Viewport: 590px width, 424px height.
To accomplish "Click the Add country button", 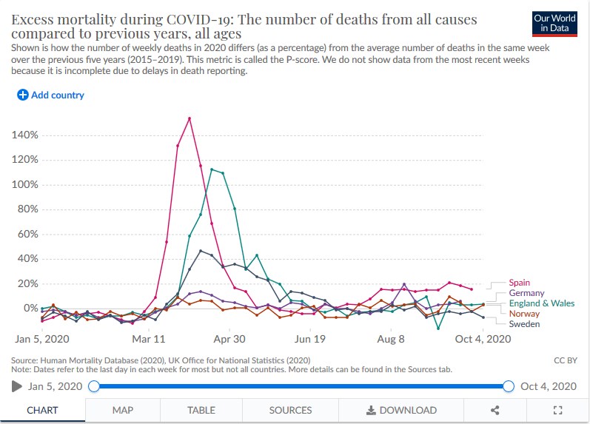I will click(x=50, y=95).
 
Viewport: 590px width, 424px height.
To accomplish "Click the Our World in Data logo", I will click(x=554, y=23).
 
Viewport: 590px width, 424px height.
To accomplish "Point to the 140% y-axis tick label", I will click(x=24, y=135).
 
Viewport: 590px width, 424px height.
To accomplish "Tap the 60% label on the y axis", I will click(x=26, y=234).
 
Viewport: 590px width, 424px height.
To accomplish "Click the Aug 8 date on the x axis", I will click(x=391, y=340).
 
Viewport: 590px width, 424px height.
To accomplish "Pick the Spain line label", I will click(x=520, y=283).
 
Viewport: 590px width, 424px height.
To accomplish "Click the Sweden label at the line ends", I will click(x=525, y=324).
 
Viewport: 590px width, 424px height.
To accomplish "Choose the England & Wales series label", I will click(x=542, y=303).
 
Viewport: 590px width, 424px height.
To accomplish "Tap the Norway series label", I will click(x=525, y=314).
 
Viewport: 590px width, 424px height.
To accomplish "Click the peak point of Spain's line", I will click(x=190, y=118).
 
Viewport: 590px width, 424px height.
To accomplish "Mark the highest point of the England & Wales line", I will click(x=212, y=169).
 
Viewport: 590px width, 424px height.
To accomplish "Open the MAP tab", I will click(x=123, y=410).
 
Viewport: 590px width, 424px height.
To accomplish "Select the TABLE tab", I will click(x=201, y=410).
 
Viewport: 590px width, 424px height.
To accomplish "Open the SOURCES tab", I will click(x=290, y=410).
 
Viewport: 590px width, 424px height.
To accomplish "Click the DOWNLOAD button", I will click(x=401, y=410).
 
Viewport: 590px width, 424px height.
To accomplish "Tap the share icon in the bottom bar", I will click(x=495, y=410).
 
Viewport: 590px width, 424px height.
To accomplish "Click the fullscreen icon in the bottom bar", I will click(x=559, y=410).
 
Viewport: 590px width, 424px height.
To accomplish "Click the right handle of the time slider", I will click(x=508, y=386).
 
